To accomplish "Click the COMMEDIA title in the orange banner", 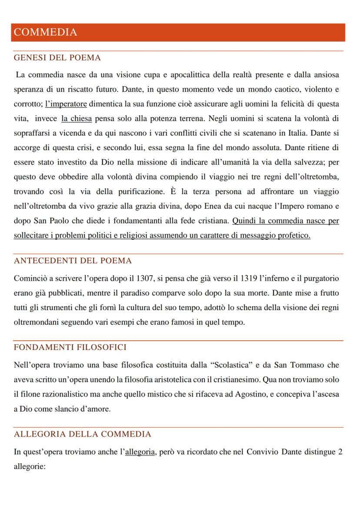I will pos(45,32).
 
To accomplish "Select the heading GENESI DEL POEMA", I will pos(57,58).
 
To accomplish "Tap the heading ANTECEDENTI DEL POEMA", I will pos(73,261).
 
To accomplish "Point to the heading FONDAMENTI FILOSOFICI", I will pos(70,348).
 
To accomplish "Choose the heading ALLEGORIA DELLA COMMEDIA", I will pos(83,434).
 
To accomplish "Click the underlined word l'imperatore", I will pos(66,104).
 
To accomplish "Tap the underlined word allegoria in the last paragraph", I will pos(140,452).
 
